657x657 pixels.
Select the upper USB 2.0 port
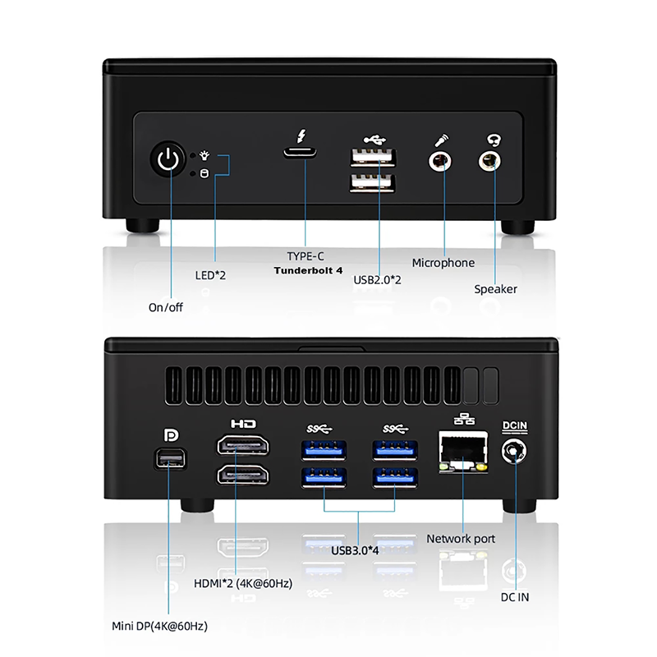373,158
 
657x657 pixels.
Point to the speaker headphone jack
491,158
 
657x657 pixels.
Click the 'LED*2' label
209,275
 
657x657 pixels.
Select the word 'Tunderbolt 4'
308,270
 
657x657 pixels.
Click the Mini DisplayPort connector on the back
172,457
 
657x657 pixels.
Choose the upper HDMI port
244,448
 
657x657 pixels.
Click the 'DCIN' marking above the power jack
516,425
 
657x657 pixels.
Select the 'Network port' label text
461,539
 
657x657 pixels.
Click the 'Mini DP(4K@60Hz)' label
159,626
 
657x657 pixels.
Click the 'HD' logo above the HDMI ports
244,425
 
